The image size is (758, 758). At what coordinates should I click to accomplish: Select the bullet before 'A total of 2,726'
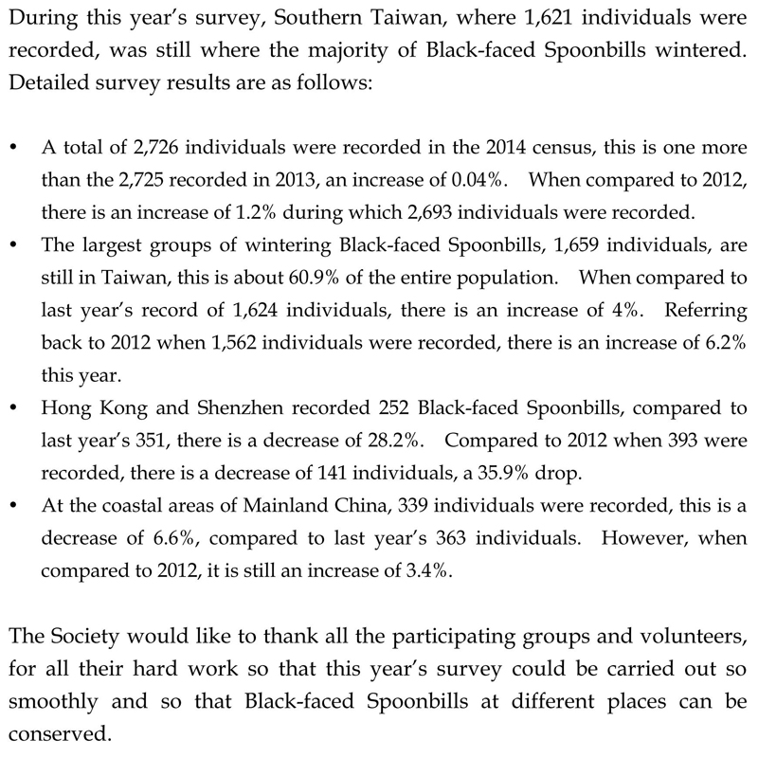pyautogui.click(x=12, y=150)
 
